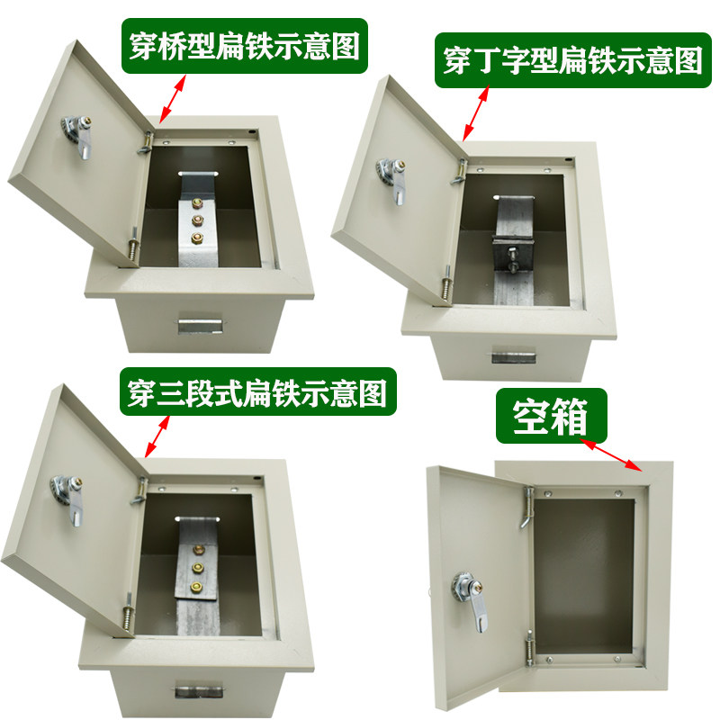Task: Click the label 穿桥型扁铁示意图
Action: [x=242, y=44]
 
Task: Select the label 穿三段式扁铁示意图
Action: [x=256, y=392]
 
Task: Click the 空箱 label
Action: [x=550, y=417]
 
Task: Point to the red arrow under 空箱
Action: [x=613, y=455]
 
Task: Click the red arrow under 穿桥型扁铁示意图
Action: [x=174, y=98]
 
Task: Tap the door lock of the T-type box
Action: [x=387, y=176]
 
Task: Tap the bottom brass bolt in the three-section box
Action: [x=196, y=586]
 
